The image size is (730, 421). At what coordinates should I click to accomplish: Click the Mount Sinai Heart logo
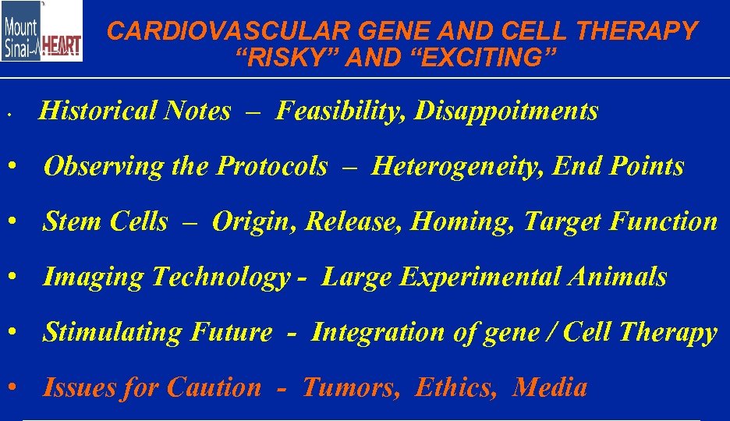(x=41, y=31)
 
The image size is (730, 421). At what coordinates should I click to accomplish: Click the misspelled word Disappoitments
(x=507, y=111)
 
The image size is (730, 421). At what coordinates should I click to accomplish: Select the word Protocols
(x=272, y=166)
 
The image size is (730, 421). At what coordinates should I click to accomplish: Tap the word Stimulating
(x=112, y=332)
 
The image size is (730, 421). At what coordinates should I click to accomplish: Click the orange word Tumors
(x=352, y=387)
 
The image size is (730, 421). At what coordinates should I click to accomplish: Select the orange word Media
(x=550, y=387)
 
